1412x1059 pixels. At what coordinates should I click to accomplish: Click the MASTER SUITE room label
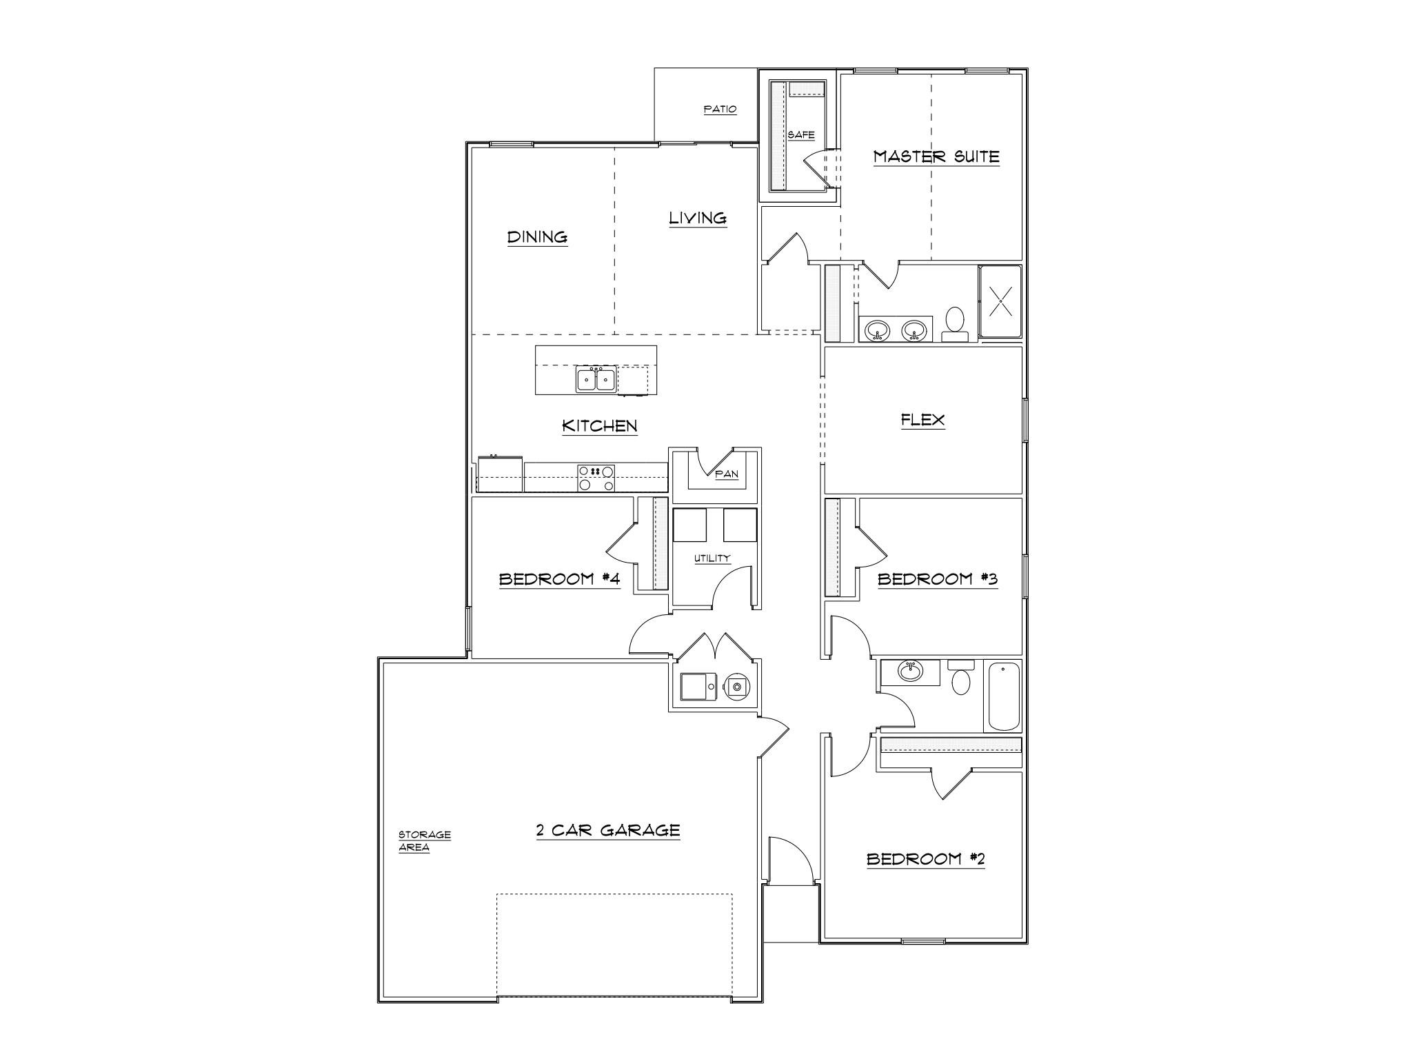click(936, 157)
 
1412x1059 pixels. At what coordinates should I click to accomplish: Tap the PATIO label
click(720, 110)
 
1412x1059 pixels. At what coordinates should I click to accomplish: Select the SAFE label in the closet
click(800, 135)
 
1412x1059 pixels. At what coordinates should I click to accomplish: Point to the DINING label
click(537, 237)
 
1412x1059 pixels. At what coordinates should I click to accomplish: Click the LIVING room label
click(698, 219)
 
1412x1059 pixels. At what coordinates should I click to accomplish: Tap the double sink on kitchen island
click(596, 379)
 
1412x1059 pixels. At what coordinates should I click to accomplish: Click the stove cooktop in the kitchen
click(596, 478)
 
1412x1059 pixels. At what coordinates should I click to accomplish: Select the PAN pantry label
click(727, 474)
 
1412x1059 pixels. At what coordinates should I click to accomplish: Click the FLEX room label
click(922, 420)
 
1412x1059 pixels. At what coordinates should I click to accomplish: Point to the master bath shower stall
click(1000, 301)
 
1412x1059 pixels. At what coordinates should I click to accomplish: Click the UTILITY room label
click(712, 558)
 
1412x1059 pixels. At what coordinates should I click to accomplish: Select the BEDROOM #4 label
click(559, 579)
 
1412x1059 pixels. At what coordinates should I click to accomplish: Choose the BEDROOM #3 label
click(937, 579)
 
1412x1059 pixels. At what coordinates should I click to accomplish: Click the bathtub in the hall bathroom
click(1003, 696)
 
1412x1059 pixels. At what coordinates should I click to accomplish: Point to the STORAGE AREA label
click(424, 841)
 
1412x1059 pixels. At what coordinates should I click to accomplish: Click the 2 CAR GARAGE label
click(608, 831)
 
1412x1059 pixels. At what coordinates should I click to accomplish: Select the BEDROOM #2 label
click(925, 859)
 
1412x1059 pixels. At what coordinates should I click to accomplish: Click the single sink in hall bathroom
click(911, 670)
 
